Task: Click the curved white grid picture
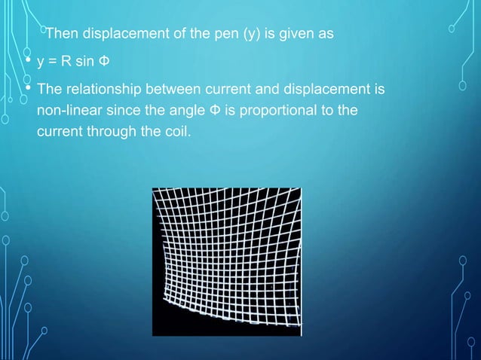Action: pos(226,261)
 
